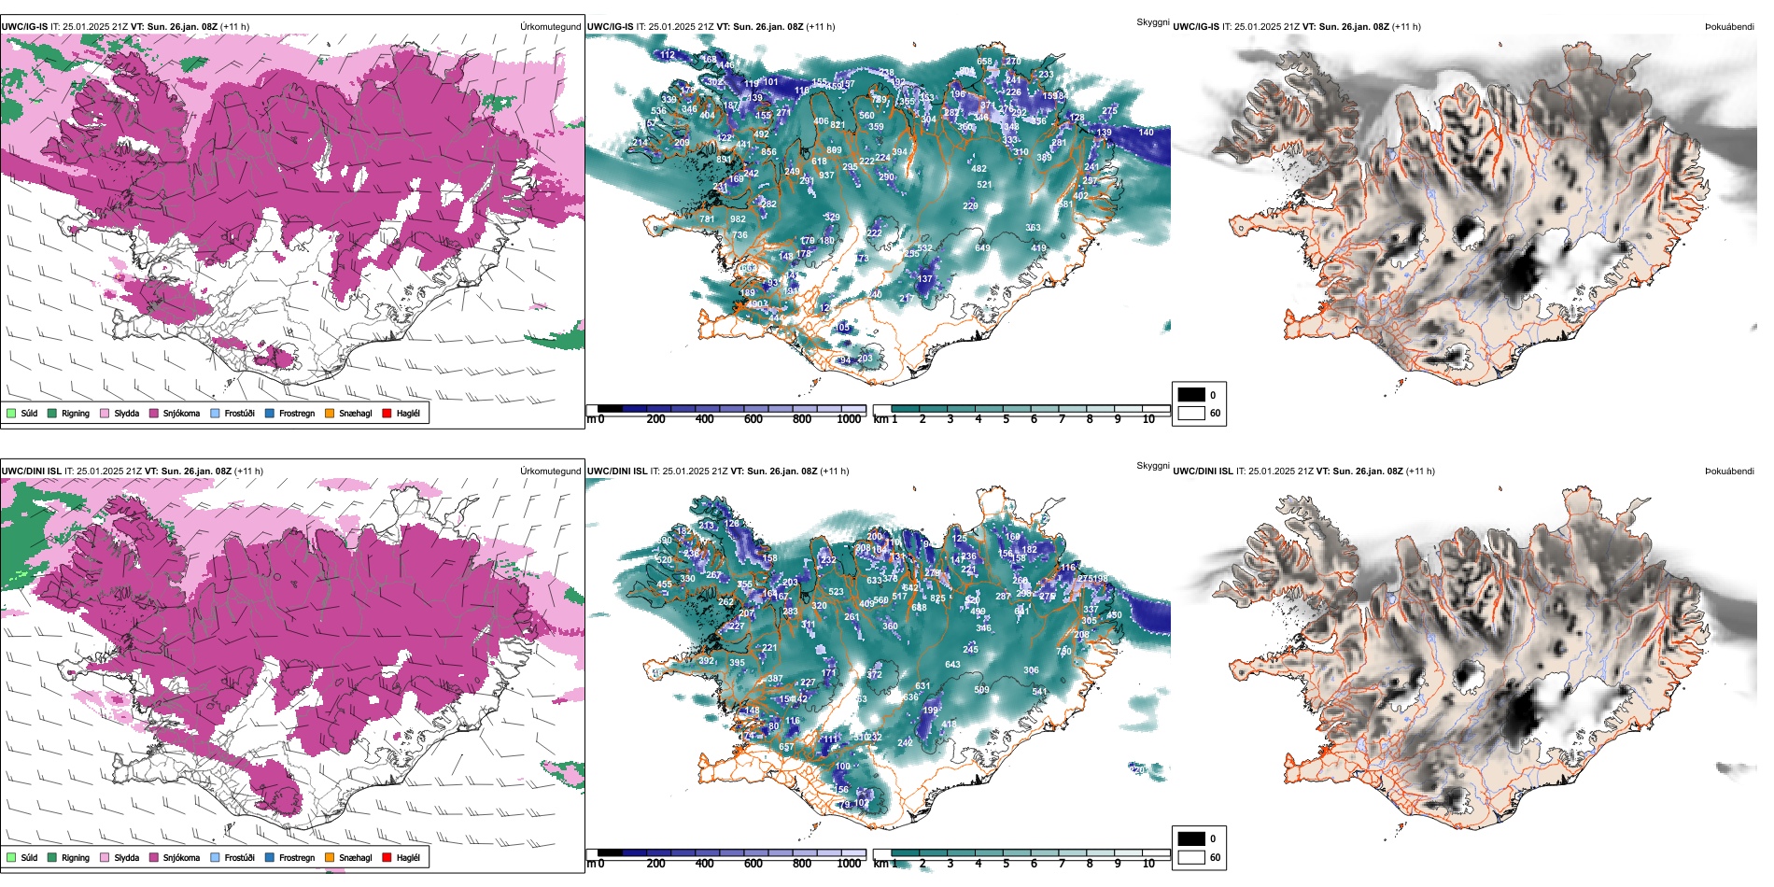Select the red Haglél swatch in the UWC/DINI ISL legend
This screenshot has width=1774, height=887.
point(387,857)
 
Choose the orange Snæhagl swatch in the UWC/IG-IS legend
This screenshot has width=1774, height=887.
point(330,413)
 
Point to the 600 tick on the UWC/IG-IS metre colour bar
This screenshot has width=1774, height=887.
point(753,419)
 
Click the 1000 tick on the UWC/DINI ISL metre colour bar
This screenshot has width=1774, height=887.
point(849,864)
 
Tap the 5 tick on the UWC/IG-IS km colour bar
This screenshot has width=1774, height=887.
point(1006,419)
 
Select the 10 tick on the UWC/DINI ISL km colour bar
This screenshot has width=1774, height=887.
point(1148,864)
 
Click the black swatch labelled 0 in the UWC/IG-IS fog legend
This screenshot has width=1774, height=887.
point(1191,395)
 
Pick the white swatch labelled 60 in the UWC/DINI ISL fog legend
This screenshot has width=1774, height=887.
point(1191,857)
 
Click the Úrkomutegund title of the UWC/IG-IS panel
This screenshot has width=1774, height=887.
point(550,27)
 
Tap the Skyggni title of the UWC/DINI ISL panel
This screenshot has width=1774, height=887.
point(1152,466)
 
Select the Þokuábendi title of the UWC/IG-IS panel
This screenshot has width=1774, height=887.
point(1729,27)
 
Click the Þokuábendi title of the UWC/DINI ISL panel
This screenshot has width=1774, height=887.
point(1729,472)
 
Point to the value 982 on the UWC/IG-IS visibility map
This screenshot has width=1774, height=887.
point(738,219)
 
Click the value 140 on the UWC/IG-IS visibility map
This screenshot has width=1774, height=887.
point(1146,133)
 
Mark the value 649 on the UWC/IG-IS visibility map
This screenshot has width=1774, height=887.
point(982,247)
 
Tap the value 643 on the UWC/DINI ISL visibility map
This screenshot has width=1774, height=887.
point(952,665)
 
